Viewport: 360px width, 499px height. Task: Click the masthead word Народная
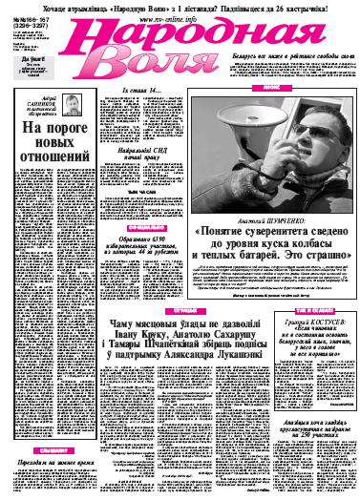tap(196, 38)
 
